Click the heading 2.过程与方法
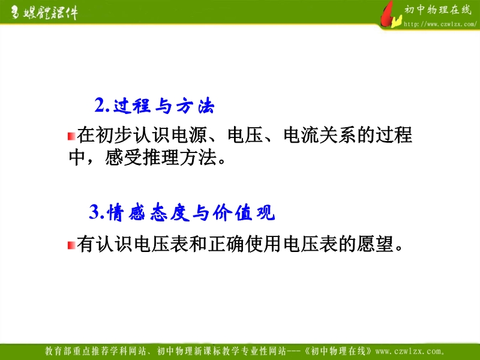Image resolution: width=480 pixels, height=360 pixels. (155, 106)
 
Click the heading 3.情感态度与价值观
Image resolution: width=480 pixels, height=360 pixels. (182, 212)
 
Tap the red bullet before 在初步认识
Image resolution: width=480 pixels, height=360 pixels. (71, 136)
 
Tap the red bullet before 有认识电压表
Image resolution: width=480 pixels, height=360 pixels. (71, 245)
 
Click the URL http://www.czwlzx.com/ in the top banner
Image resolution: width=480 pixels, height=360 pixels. (440, 24)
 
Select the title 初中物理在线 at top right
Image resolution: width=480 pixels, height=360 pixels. (438, 10)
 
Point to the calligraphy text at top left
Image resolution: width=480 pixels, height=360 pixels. (44, 13)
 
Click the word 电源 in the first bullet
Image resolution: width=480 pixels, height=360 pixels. (190, 135)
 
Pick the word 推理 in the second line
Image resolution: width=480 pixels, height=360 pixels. (161, 158)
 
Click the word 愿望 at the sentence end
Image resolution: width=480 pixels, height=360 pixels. (375, 244)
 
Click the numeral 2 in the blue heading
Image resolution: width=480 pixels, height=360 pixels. (100, 106)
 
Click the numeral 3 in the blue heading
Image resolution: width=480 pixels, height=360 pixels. (94, 212)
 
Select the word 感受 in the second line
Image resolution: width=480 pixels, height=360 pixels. (124, 158)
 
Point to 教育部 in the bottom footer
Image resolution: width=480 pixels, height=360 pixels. (58, 351)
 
